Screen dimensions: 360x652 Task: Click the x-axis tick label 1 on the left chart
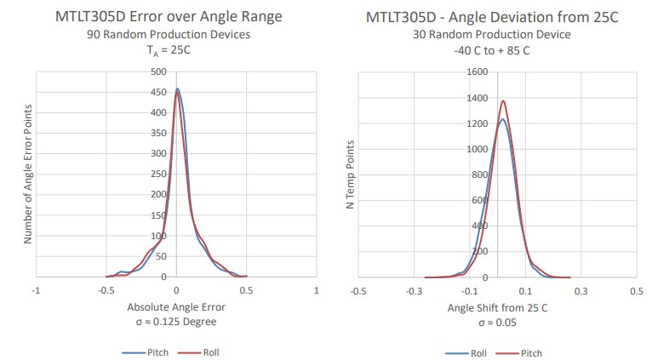coord(316,290)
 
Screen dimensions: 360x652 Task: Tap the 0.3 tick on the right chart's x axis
coord(581,290)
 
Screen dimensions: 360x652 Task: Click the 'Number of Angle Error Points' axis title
coord(28,174)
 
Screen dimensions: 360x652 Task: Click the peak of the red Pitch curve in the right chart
coord(503,101)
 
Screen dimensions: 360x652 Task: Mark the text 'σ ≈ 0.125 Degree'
coord(175,322)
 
